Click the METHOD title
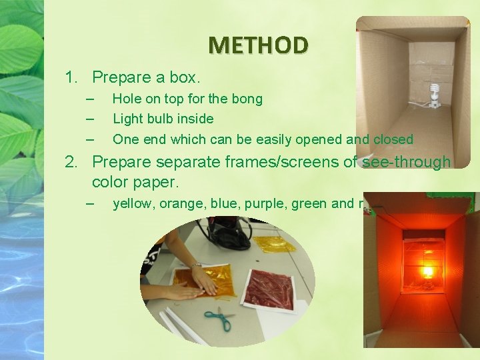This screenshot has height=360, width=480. tap(258, 45)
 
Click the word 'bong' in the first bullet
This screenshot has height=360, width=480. tap(247, 99)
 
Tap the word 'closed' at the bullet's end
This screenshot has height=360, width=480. tap(393, 140)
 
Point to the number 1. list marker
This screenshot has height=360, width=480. tap(72, 77)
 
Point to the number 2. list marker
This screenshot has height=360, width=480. tap(72, 162)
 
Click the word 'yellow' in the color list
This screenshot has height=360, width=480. tap(133, 204)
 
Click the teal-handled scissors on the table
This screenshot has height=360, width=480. tap(219, 319)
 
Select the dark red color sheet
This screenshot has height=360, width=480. tap(269, 288)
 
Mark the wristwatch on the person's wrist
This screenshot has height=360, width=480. tap(196, 266)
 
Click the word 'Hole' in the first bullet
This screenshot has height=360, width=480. tap(127, 99)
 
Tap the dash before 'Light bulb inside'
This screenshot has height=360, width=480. tap(90, 119)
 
